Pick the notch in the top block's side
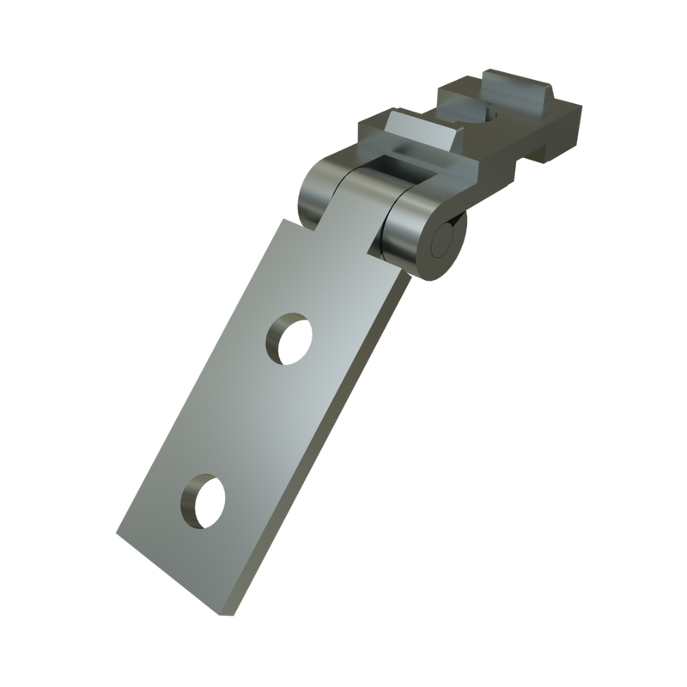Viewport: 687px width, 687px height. coord(527,155)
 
